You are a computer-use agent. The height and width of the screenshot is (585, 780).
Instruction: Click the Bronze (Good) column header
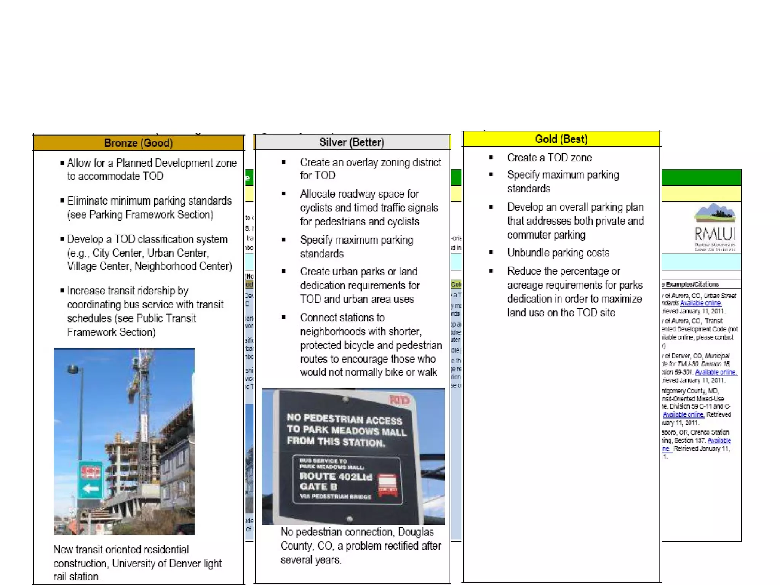pyautogui.click(x=138, y=143)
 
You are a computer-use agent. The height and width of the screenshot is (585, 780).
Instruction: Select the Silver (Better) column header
pyautogui.click(x=352, y=142)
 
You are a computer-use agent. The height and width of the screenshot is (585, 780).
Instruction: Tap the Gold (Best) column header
pyautogui.click(x=561, y=139)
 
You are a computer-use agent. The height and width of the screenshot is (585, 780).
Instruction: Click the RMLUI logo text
pyautogui.click(x=715, y=233)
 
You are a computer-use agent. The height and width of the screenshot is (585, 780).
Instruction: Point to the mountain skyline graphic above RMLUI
pyautogui.click(x=714, y=213)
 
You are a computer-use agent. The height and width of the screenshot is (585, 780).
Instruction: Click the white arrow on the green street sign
pyautogui.click(x=90, y=488)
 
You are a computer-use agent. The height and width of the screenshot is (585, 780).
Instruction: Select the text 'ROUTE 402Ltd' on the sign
pyautogui.click(x=336, y=476)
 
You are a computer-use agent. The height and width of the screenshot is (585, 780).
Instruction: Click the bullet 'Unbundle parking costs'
pyautogui.click(x=558, y=253)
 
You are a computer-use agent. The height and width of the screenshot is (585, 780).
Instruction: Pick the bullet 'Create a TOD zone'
pyautogui.click(x=549, y=158)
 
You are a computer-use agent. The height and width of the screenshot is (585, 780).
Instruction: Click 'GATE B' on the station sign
pyautogui.click(x=318, y=487)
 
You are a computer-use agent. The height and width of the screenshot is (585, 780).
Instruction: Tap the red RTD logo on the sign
pyautogui.click(x=399, y=400)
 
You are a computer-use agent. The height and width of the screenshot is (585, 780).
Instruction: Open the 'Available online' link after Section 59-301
pyautogui.click(x=716, y=372)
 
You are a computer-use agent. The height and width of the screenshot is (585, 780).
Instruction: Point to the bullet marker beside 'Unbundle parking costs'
pyautogui.click(x=491, y=253)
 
